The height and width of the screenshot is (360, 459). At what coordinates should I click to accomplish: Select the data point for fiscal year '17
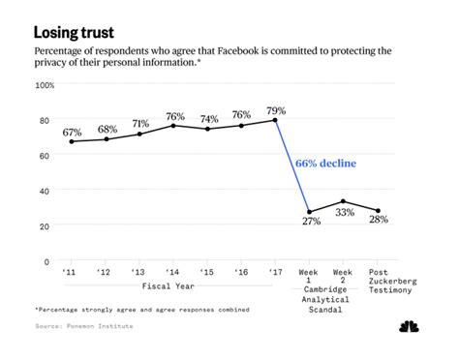coord(275,120)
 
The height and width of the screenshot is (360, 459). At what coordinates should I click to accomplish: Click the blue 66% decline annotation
coord(325,164)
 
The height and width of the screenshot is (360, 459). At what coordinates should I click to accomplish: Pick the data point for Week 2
coord(344,201)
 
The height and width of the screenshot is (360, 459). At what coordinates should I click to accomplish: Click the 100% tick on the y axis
coord(45,85)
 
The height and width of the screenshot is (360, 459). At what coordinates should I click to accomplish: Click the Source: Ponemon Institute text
coord(83,326)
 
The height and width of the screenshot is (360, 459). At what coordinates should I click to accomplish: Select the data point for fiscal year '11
coord(70,141)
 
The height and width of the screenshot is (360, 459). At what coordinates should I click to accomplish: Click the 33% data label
coord(345,214)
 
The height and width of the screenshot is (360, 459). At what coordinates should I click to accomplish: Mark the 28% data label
coord(379,221)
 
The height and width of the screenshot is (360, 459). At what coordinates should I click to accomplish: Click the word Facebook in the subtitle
coord(260,50)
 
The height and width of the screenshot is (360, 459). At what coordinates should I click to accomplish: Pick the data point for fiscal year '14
coord(172,125)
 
